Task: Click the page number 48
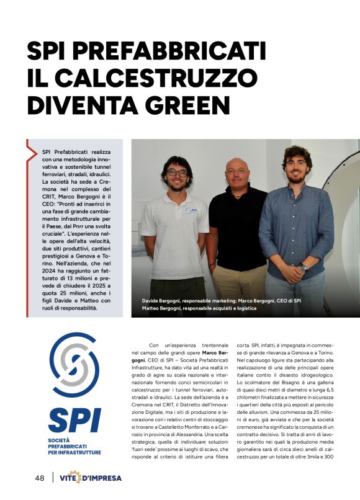tap(39, 478)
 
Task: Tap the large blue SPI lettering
tap(74, 420)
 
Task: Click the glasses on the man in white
tap(177, 172)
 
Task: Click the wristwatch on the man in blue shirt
tap(303, 267)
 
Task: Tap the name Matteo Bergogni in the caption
tap(166, 308)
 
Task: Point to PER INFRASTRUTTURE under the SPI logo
tap(74, 452)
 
